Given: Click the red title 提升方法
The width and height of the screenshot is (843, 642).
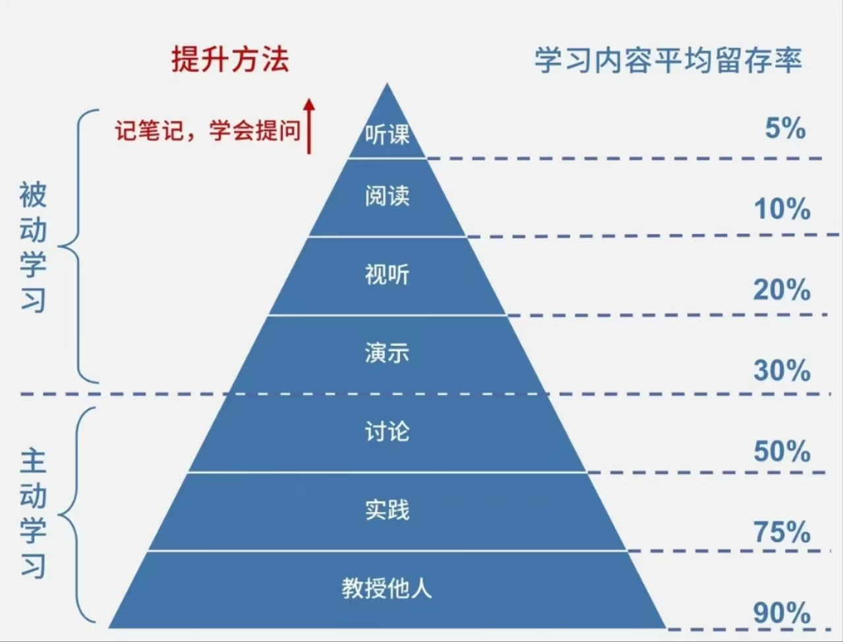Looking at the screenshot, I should pos(230,59).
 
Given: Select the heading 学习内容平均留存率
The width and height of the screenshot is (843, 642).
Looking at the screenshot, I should pos(668,61).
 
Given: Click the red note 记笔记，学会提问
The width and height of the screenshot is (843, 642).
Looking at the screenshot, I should pos(207,131).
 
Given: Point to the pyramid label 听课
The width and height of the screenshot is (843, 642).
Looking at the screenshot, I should pos(388,134).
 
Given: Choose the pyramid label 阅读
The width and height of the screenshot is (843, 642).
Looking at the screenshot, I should pos(388,196).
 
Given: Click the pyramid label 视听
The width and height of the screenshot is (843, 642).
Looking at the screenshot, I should pos(388,274).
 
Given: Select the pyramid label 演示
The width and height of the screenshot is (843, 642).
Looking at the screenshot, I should pos(388,353).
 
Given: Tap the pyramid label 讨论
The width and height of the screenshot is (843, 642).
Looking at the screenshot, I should pos(388,431).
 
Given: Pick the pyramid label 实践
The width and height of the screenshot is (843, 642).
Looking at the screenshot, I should pos(388,510).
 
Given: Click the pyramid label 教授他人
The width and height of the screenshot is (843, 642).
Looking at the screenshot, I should pos(388,588).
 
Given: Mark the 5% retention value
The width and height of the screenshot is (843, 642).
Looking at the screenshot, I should pos(785,128).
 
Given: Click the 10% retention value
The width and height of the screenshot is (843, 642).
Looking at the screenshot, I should pos(782,209).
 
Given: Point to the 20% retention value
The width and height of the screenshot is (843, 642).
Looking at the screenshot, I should pos(782,289).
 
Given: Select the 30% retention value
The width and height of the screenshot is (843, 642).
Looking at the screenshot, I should pos(782,370).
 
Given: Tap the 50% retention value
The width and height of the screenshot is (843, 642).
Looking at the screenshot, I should pos(782,452).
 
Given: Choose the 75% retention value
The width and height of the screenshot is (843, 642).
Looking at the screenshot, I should pos(782,532).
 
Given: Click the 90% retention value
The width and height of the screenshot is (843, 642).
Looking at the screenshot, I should pos(782,613).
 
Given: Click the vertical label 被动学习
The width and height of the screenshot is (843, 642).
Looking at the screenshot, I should pos(33,247).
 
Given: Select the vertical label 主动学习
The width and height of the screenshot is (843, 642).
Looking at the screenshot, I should pos(33,513).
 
